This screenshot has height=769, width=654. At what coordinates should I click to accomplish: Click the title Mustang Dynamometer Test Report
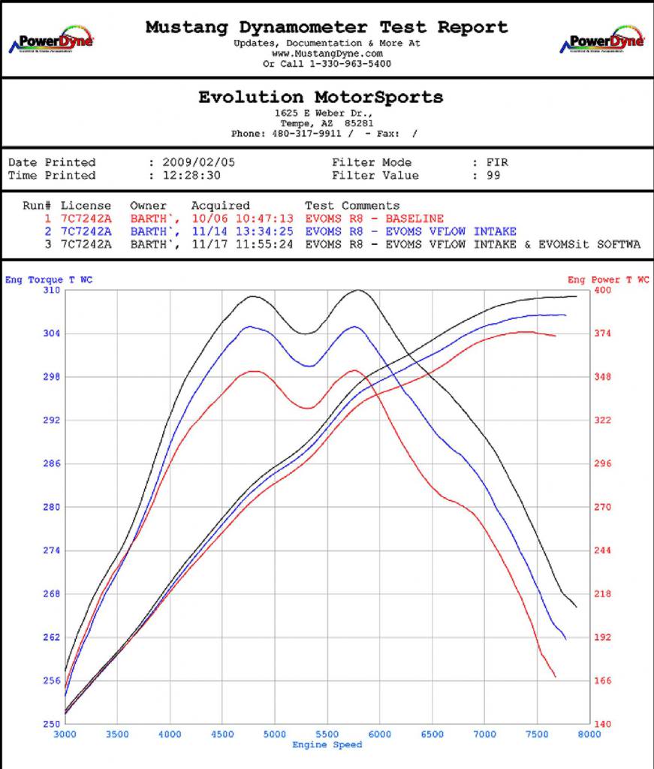click(x=327, y=27)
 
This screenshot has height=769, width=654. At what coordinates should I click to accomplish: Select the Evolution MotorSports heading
click(x=321, y=97)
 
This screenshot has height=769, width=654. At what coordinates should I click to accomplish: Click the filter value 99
click(x=494, y=176)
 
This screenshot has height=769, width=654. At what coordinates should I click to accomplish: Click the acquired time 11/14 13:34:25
click(x=242, y=231)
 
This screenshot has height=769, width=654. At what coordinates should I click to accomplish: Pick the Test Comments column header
click(x=352, y=206)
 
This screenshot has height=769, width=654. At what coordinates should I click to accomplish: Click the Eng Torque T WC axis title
click(x=48, y=280)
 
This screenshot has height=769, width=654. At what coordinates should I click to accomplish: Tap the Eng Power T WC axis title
click(x=608, y=280)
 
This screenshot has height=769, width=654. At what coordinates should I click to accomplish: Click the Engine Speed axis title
click(x=327, y=745)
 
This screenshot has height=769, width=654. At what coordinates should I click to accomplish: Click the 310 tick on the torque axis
click(x=50, y=290)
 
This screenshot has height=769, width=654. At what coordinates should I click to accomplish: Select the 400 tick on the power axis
click(x=602, y=290)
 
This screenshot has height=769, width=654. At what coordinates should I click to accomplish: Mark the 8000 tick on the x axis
click(x=589, y=734)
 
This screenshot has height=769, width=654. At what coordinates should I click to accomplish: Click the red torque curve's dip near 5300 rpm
click(x=308, y=408)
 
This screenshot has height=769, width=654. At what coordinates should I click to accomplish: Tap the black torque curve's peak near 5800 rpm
click(x=358, y=290)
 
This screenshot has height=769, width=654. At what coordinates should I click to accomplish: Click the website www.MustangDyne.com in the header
click(x=327, y=54)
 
